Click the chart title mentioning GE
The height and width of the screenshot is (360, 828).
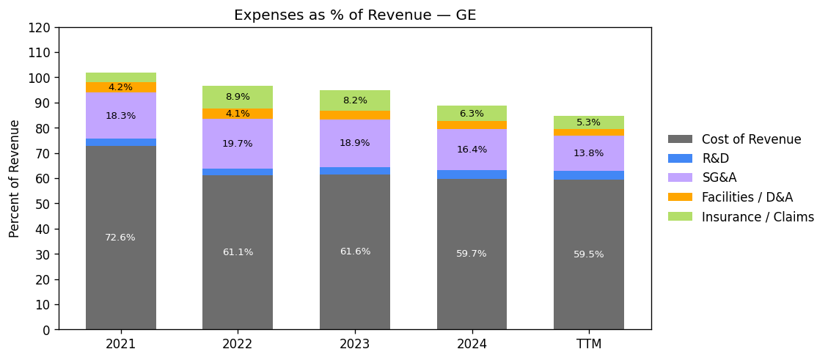click(x=355, y=15)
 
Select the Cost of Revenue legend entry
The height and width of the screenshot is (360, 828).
click(x=750, y=139)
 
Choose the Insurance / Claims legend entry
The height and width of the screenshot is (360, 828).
click(x=757, y=217)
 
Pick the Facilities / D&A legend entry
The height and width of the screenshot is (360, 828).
click(x=747, y=197)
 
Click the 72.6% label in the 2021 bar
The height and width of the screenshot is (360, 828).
click(x=120, y=238)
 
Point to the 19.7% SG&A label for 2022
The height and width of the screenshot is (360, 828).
click(x=238, y=144)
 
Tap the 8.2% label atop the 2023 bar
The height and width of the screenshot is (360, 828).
click(x=355, y=100)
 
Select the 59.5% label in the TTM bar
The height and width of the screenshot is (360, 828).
click(x=589, y=254)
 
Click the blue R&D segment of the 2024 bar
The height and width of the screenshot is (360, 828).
click(x=472, y=175)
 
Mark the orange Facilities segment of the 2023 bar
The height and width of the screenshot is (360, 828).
click(x=355, y=115)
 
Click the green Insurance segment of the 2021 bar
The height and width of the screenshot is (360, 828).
click(x=120, y=77)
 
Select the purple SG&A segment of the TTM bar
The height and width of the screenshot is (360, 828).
click(x=589, y=153)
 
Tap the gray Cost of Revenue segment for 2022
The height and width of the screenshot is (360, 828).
click(x=238, y=279)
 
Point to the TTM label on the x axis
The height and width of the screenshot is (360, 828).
click(x=589, y=344)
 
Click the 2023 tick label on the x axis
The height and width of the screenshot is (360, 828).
click(x=355, y=344)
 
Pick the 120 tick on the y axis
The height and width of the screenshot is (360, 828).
click(x=41, y=28)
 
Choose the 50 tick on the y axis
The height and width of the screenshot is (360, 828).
click(x=44, y=204)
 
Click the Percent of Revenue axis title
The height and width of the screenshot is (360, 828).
click(x=15, y=178)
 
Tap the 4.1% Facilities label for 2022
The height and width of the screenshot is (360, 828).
click(x=238, y=114)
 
